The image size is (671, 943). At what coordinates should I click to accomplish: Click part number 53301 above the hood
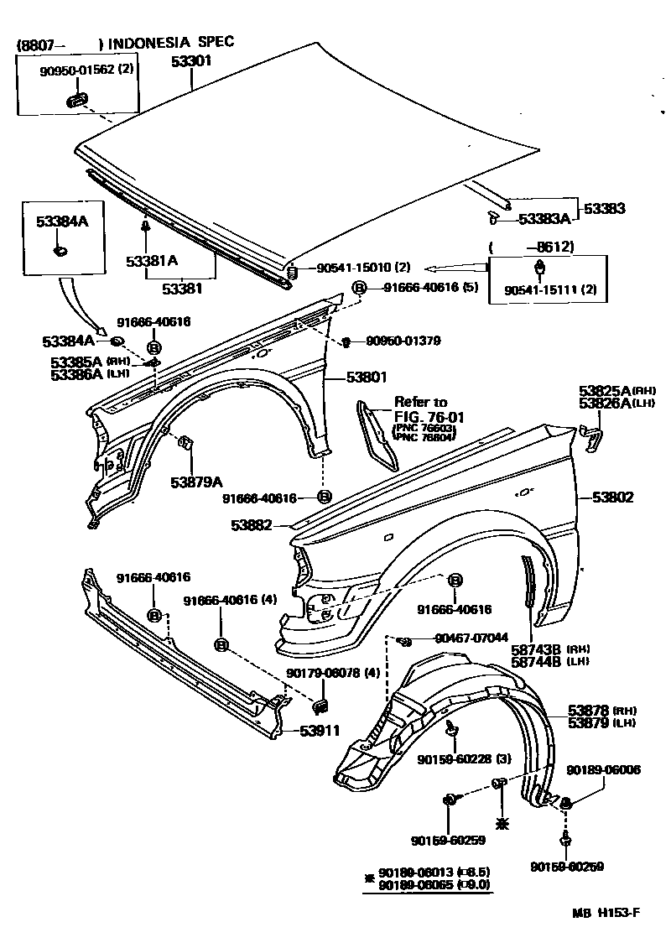pos(192,60)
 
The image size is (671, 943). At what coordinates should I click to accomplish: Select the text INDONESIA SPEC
pos(172,41)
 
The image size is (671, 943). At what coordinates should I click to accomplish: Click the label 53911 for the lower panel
pos(320,730)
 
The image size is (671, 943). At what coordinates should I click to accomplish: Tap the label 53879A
pos(196,482)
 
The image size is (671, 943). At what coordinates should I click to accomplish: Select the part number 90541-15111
pos(538,289)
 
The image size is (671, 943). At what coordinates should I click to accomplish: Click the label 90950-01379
pos(403,341)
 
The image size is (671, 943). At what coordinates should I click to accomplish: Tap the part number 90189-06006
pos(603,769)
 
